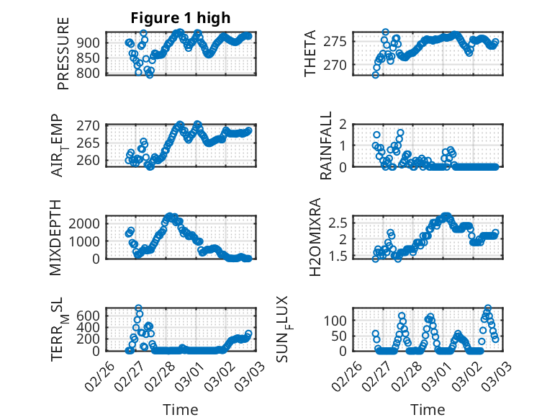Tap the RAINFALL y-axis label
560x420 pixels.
tap(325, 145)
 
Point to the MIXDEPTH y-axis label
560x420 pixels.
tap(57, 236)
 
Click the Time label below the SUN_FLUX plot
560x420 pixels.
tap(428, 410)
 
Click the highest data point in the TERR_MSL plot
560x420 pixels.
tap(138, 308)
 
